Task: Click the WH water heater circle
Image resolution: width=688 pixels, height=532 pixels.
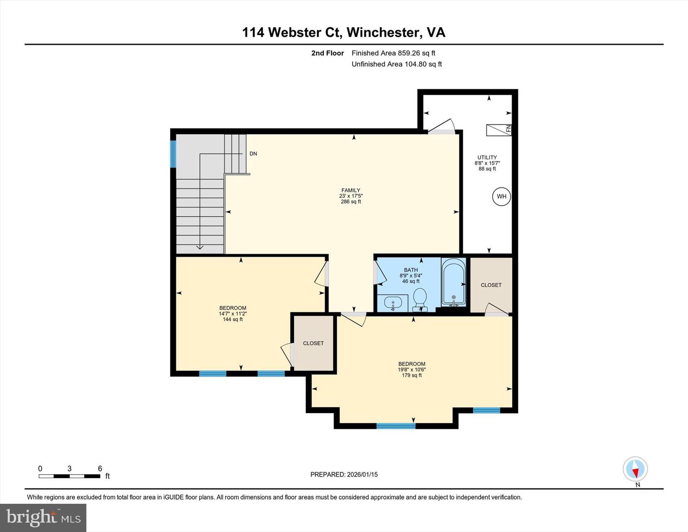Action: pyautogui.click(x=501, y=196)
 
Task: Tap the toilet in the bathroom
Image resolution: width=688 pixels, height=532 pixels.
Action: pyautogui.click(x=419, y=299)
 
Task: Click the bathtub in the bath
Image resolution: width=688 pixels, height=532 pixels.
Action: pyautogui.click(x=453, y=282)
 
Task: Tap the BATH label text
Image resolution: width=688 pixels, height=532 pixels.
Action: pyautogui.click(x=410, y=270)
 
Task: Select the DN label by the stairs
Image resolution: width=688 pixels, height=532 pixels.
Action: pyautogui.click(x=253, y=154)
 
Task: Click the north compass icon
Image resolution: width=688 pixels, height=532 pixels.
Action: pyautogui.click(x=635, y=469)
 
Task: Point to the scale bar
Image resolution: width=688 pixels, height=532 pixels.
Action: pyautogui.click(x=70, y=476)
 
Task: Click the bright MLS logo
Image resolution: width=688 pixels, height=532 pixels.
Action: pyautogui.click(x=43, y=518)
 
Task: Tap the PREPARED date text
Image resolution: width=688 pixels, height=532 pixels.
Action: pyautogui.click(x=344, y=475)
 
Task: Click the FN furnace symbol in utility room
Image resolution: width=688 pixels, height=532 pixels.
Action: pyautogui.click(x=499, y=130)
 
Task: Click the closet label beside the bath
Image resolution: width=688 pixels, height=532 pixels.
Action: pyautogui.click(x=491, y=285)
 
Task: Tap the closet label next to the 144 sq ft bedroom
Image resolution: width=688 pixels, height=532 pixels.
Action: pyautogui.click(x=313, y=343)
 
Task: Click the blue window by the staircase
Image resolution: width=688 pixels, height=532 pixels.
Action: pyautogui.click(x=173, y=154)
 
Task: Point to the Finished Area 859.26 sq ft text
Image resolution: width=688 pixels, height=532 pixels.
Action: pyautogui.click(x=393, y=53)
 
